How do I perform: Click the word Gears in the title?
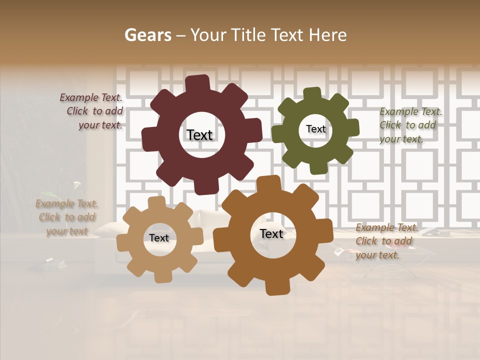pos(147,35)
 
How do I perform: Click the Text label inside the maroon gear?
pos(199,135)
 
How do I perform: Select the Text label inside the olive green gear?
pos(315,129)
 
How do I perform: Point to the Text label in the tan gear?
pos(159,238)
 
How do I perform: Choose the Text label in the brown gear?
pos(271,233)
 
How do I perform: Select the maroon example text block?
pos(92,111)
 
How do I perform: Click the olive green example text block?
pos(410,125)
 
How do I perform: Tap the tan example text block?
pos(66,217)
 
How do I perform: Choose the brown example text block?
pos(386,241)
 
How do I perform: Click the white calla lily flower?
pos(76,185)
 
